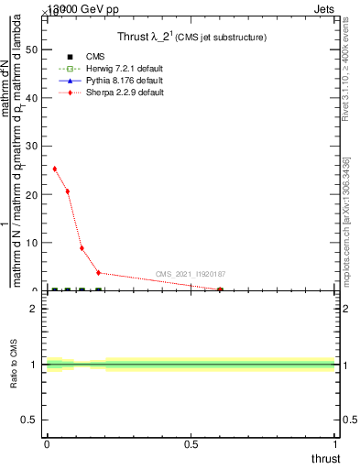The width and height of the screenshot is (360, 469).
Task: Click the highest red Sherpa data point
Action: (55, 169)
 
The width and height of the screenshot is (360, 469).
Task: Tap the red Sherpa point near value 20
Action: (68, 191)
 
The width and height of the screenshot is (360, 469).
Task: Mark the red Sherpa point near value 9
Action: (82, 248)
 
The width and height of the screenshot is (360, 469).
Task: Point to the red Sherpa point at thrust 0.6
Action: (220, 289)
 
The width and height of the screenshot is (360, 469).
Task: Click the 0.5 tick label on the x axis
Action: (191, 443)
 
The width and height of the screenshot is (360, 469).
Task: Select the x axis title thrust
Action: (325, 458)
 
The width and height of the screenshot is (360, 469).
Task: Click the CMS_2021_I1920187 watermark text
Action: (191, 274)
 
